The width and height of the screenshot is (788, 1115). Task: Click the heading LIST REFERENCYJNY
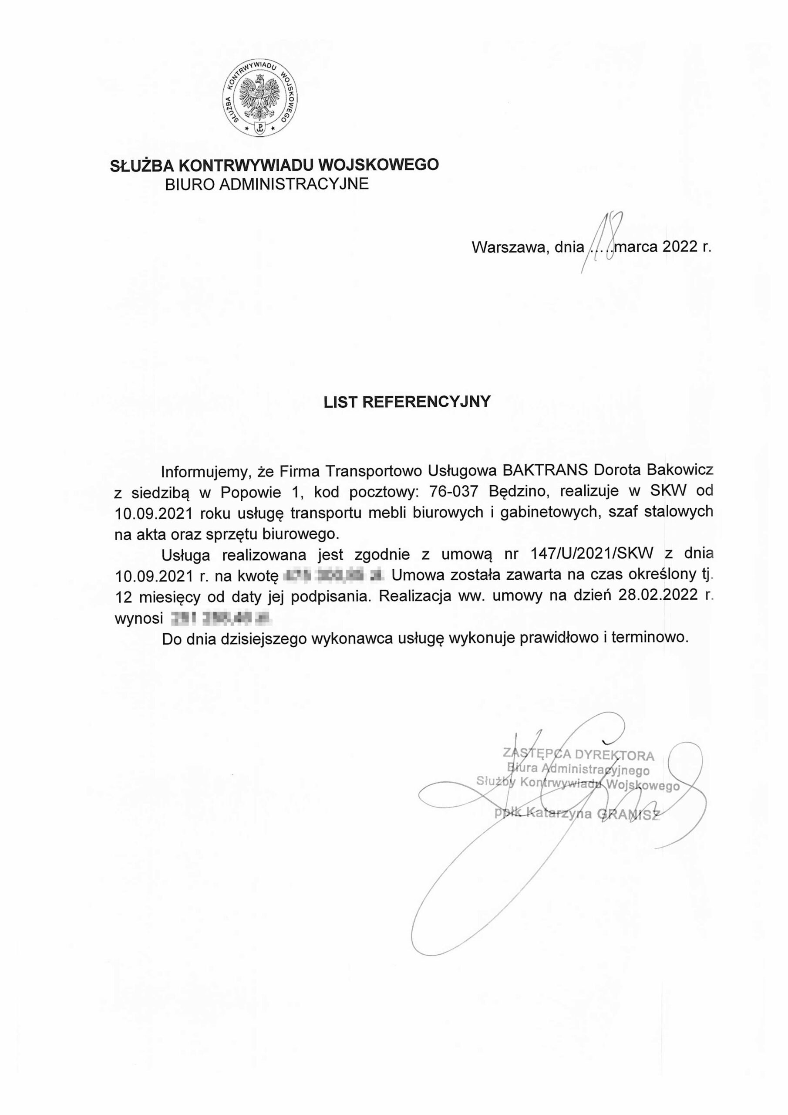[407, 402]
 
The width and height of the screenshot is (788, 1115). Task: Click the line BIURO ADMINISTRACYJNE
[266, 185]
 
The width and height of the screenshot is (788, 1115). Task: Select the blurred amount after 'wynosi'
[219, 617]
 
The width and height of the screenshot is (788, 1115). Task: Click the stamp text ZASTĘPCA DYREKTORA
[578, 754]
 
